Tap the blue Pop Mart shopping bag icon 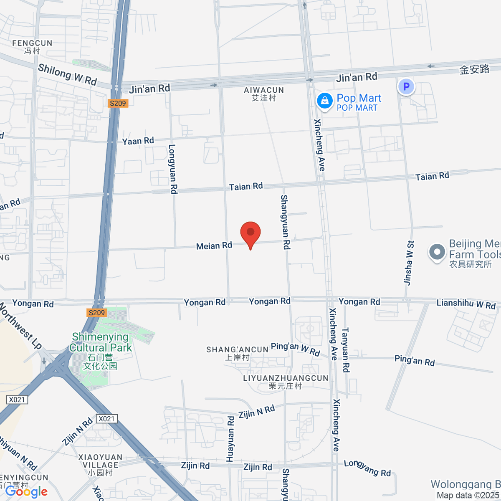click(324, 101)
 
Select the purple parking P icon click(406, 87)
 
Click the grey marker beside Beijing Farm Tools click(437, 252)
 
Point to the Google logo click(26, 492)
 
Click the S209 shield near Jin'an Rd click(117, 103)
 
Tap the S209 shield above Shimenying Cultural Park click(97, 313)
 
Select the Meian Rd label click(214, 246)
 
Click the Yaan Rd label click(138, 141)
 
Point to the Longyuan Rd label click(173, 169)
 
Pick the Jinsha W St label click(409, 263)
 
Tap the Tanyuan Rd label click(345, 350)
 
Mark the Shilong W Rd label click(67, 74)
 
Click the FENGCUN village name click(32, 47)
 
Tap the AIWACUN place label click(264, 94)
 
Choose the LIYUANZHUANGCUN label click(286, 382)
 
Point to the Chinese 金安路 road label click(474, 69)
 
